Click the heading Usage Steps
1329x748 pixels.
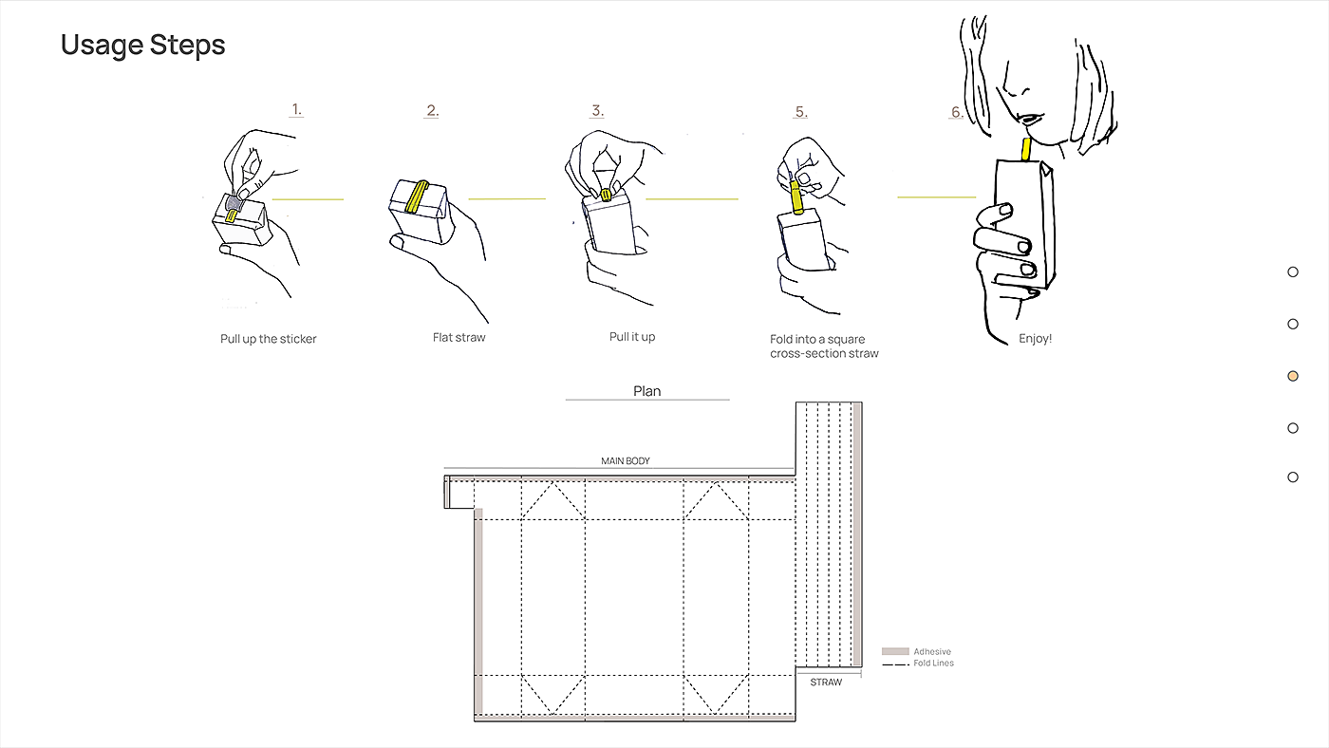click(x=143, y=45)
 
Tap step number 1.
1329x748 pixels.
click(x=296, y=109)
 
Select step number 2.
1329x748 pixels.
click(x=433, y=110)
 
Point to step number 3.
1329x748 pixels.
click(x=597, y=110)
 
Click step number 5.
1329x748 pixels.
click(x=801, y=111)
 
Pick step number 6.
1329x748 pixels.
click(x=957, y=111)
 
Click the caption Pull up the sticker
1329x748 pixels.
click(x=268, y=339)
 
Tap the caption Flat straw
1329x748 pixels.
click(x=459, y=337)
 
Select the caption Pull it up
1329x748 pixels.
click(x=632, y=336)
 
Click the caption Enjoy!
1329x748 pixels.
click(x=1035, y=338)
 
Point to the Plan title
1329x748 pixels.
click(x=646, y=391)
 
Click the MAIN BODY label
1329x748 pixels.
click(x=626, y=461)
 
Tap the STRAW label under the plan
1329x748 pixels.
click(x=826, y=683)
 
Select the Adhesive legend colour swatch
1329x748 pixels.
click(x=895, y=651)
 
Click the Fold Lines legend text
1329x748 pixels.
click(x=933, y=664)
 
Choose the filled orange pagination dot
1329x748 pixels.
click(x=1293, y=376)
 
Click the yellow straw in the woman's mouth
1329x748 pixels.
click(x=1026, y=149)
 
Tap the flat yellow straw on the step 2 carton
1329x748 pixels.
click(x=417, y=196)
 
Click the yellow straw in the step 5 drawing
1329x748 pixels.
click(x=796, y=196)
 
